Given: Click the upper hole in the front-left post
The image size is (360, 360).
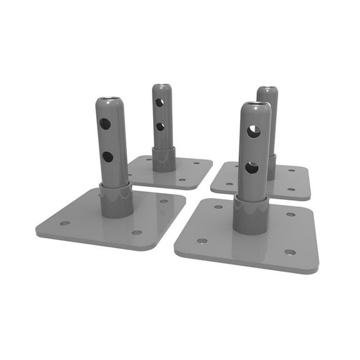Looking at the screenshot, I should pos(105,124).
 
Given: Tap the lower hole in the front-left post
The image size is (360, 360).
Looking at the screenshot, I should pos(107,157).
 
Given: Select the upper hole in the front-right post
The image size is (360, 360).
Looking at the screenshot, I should pos(252,131).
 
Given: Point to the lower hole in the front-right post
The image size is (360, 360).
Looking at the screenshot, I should pos(251,167).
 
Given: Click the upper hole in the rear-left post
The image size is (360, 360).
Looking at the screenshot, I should pos(159,102).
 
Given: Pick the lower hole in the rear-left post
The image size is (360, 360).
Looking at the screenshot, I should pos(160,127).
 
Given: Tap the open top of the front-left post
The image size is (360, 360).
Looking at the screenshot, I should pos(111,99).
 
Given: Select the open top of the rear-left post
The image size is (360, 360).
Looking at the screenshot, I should pos(162,86).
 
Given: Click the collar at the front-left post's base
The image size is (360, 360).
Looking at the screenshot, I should pos(116,200).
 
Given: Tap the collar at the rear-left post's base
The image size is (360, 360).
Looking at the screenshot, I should pos(164,159).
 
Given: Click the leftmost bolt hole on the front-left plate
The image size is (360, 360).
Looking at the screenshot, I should pos(64,223).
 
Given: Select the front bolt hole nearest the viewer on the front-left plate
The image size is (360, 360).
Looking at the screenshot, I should pos(136,232).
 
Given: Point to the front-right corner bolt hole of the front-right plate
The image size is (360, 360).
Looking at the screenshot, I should pos(289,252).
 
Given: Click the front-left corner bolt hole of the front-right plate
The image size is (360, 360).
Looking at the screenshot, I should pos(202,241).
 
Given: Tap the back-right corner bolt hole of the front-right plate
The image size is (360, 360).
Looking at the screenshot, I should pos(291,214).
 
